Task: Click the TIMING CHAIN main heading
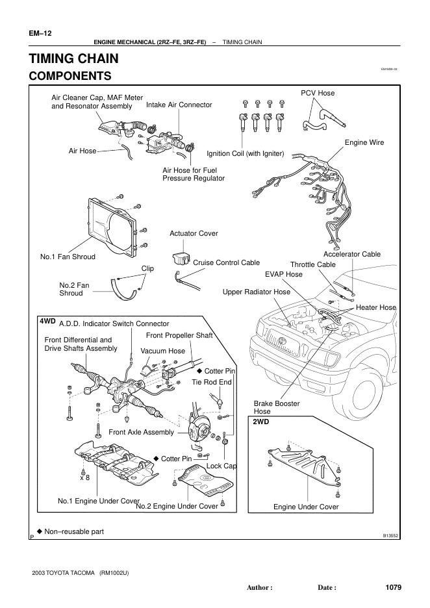pos(73,58)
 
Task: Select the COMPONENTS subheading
pos(70,76)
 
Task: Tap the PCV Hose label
pos(318,93)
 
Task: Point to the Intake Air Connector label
pos(179,105)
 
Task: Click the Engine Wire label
pos(364,142)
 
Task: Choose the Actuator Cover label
pos(194,233)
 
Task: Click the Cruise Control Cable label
pos(226,263)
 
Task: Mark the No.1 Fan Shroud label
pos(68,257)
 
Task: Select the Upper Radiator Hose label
pos(256,292)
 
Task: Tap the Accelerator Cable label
pos(352,254)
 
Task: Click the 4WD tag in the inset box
pos(47,321)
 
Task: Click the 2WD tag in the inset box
pos(260,422)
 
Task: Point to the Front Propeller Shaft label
pos(179,335)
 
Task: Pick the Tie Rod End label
pos(212,382)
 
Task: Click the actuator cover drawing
pos(180,256)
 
